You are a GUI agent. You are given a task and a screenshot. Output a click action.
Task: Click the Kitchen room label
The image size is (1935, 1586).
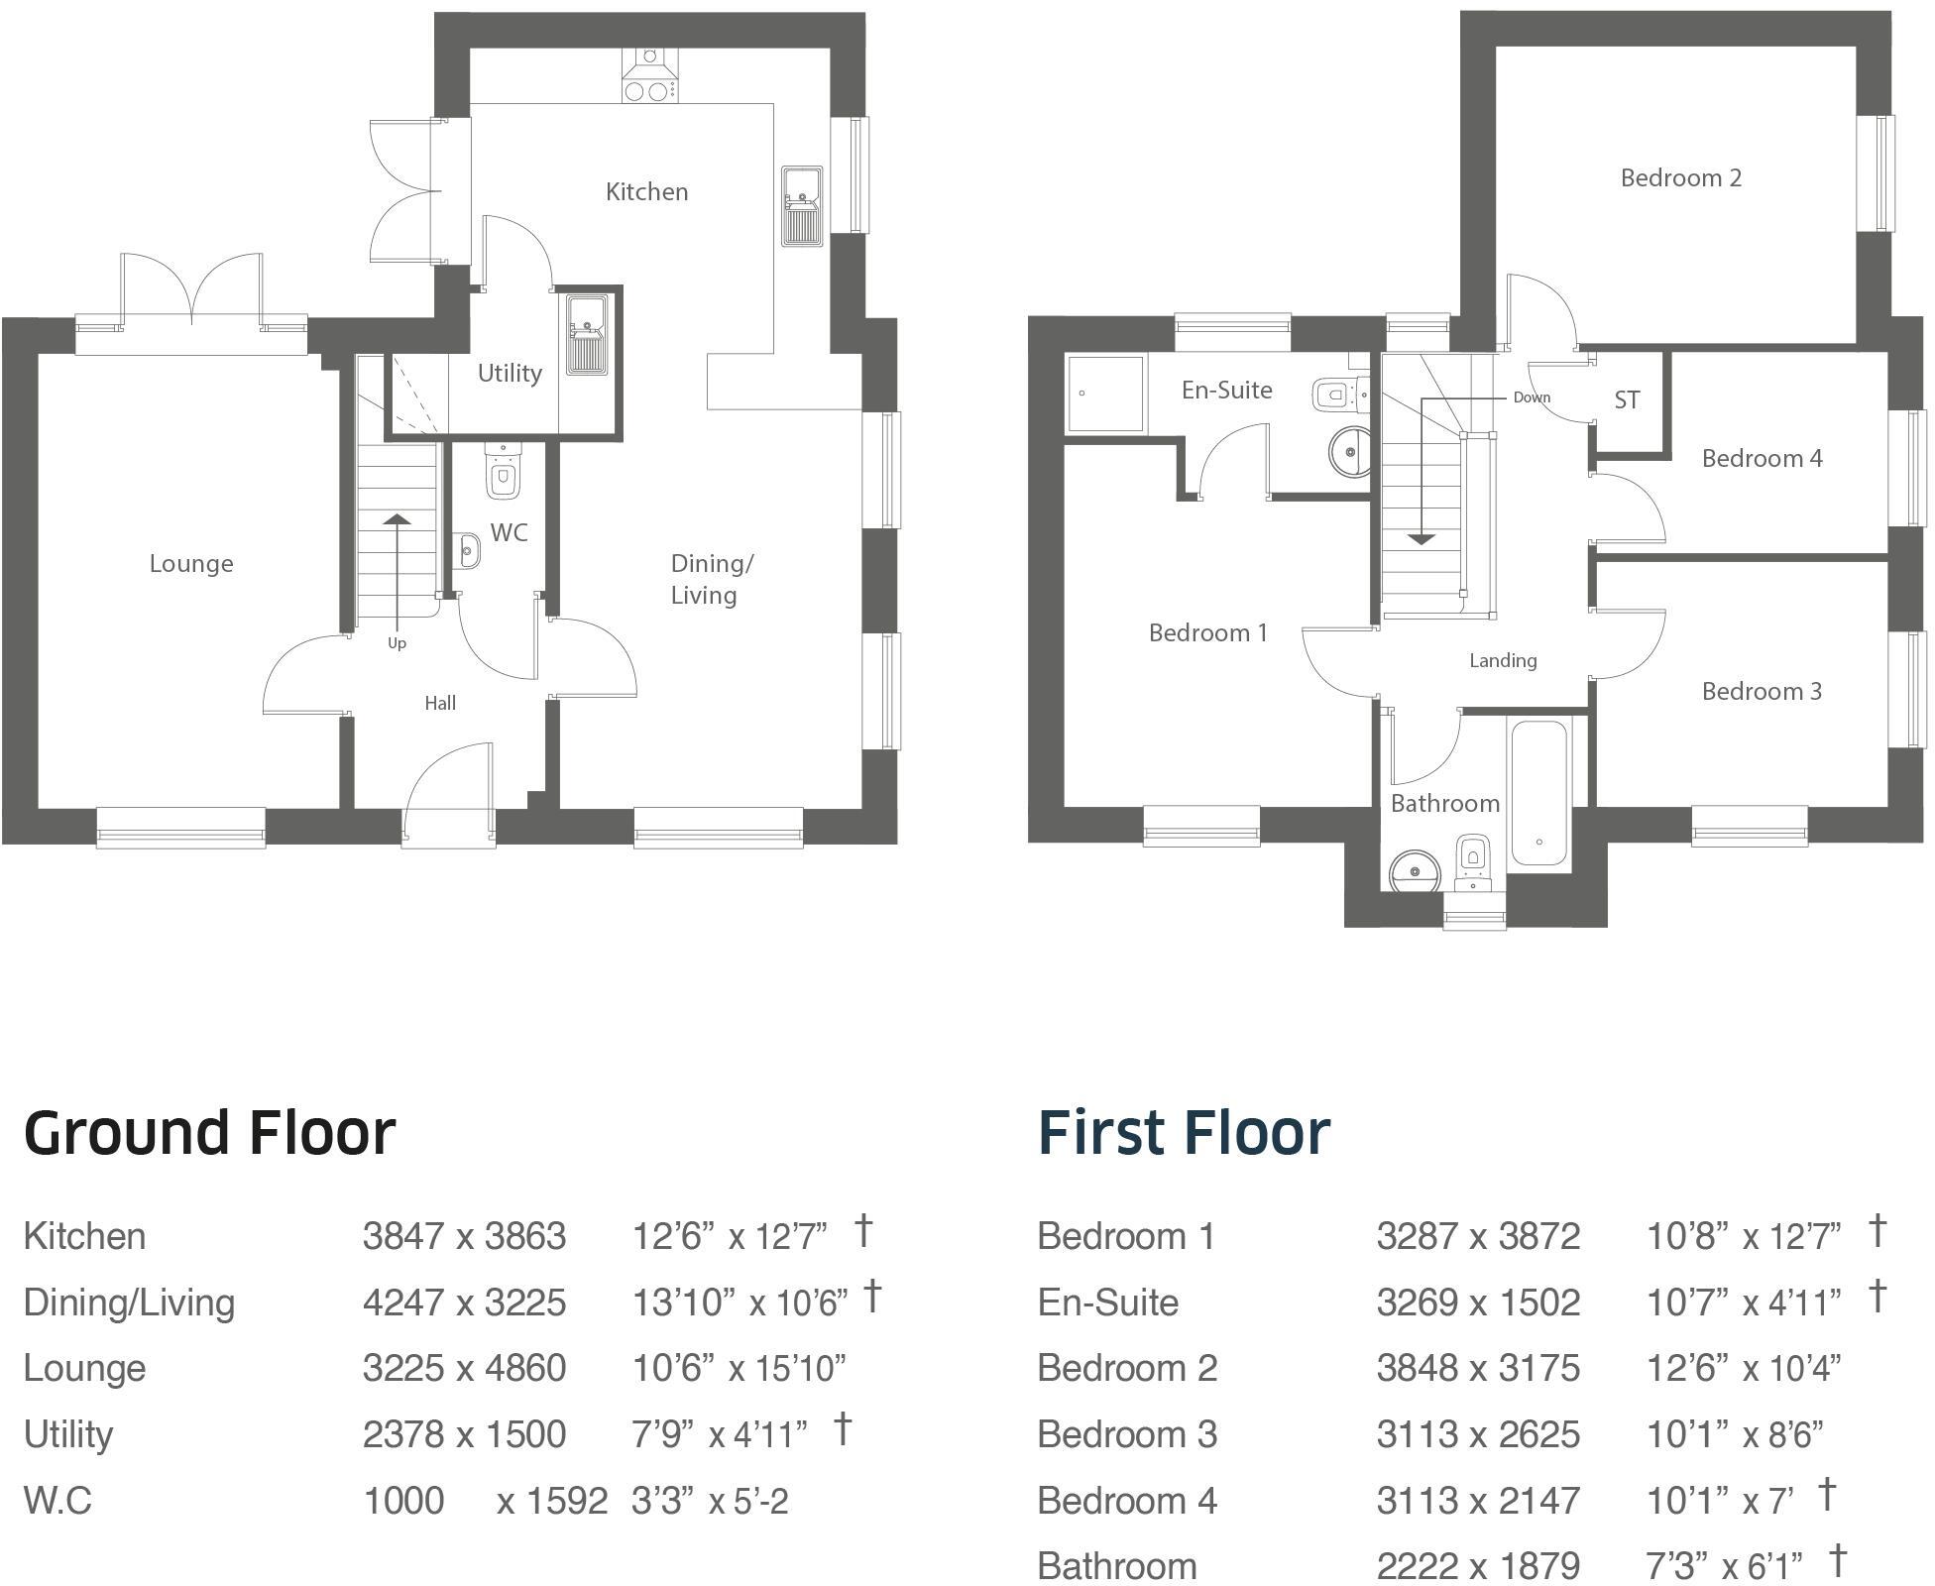click(646, 191)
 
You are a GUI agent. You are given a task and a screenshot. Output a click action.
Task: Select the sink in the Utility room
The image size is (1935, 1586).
click(587, 334)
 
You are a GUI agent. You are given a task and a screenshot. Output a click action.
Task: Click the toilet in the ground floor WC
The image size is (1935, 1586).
click(503, 474)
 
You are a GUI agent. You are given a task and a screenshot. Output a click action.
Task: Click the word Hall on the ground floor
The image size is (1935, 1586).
click(440, 703)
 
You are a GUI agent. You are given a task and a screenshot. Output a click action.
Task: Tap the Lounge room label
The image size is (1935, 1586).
click(191, 563)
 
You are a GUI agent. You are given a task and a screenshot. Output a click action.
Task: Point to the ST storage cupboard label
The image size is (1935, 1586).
click(1627, 399)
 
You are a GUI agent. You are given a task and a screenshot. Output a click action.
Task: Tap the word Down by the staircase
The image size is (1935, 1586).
click(1531, 396)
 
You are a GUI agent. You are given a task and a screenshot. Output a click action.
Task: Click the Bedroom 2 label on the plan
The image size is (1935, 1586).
click(1680, 178)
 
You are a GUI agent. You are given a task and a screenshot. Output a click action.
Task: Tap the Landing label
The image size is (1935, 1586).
click(1503, 660)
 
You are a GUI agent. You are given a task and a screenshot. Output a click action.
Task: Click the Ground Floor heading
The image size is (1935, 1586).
click(209, 1132)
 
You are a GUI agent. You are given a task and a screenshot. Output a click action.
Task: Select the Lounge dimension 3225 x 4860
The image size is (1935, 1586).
click(464, 1368)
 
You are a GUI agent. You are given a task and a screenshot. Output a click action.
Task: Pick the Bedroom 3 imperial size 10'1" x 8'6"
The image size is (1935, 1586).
click(1734, 1434)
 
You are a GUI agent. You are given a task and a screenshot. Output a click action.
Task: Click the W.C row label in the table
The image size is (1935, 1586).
click(57, 1501)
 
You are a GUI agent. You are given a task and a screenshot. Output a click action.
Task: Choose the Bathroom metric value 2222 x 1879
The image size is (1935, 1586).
click(1477, 1566)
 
